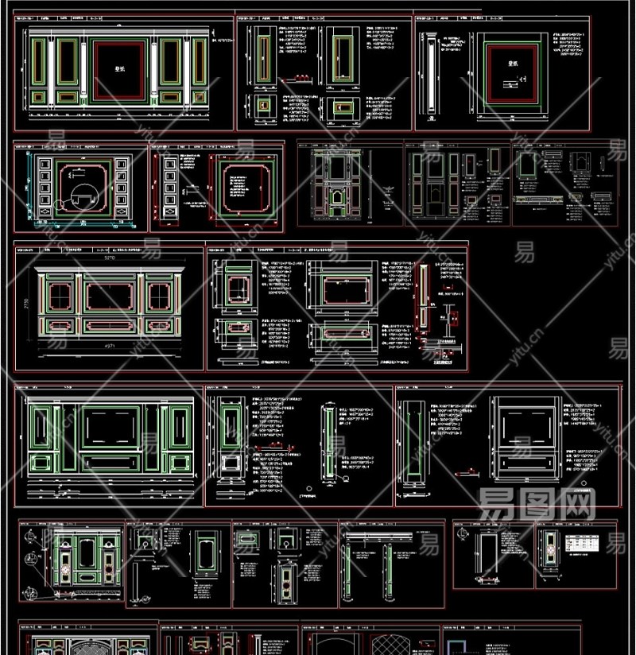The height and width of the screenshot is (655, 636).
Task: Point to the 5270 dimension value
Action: coord(111,258)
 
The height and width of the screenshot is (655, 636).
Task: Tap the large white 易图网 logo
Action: coord(537,502)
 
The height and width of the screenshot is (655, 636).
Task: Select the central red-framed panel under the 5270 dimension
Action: coord(111,297)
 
